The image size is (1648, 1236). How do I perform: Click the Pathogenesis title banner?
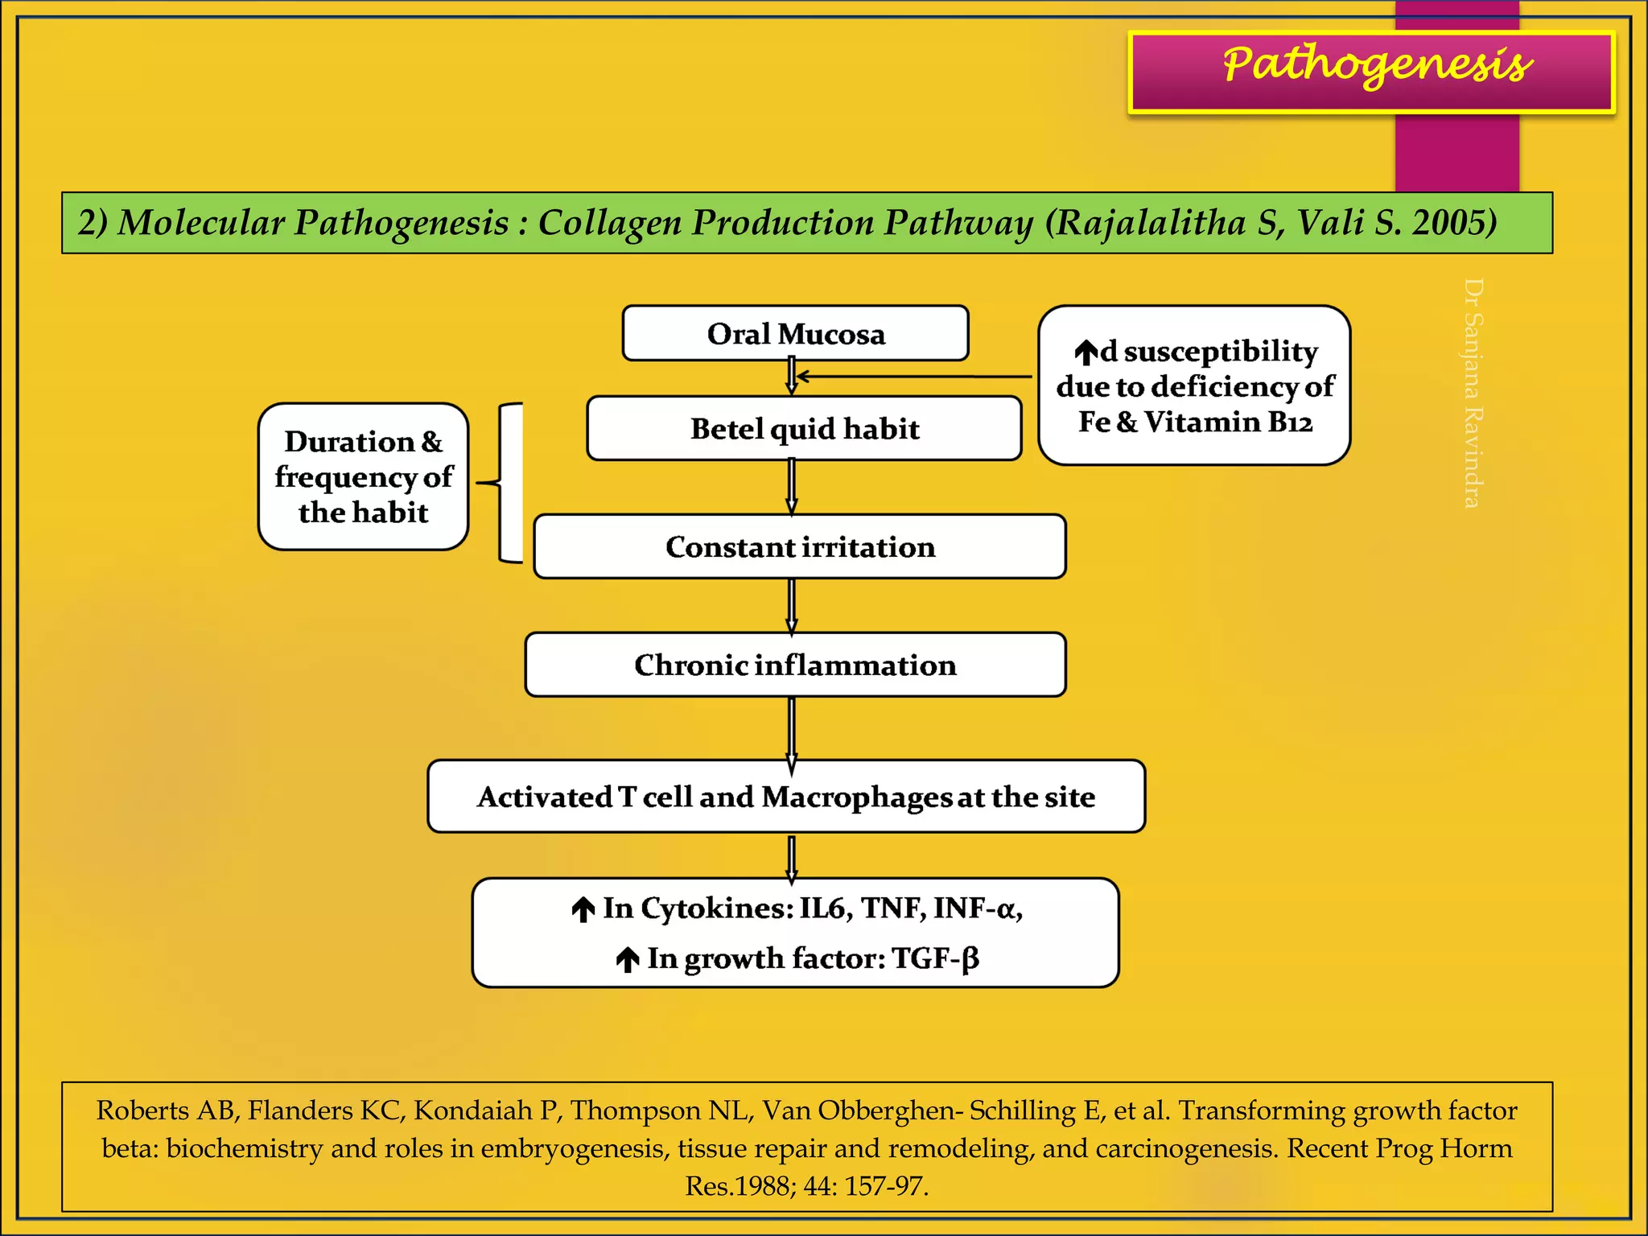click(x=1372, y=72)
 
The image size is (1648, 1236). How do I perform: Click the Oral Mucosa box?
click(x=795, y=333)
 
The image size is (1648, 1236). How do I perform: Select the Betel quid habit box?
click(x=804, y=428)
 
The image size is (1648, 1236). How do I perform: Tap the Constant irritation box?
click(x=800, y=546)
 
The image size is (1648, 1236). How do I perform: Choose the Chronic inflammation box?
click(x=795, y=665)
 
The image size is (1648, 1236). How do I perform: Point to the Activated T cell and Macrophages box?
click(x=786, y=797)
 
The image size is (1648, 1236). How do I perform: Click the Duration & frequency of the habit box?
click(x=363, y=476)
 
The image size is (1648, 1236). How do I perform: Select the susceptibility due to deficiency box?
click(x=1194, y=385)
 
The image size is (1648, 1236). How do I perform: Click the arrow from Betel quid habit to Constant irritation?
click(x=792, y=487)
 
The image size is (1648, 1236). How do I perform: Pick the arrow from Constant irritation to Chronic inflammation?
click(x=792, y=606)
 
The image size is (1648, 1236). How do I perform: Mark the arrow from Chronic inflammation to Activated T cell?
click(x=792, y=728)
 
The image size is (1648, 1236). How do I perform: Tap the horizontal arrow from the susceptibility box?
click(x=913, y=376)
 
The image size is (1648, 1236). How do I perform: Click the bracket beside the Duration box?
click(x=505, y=483)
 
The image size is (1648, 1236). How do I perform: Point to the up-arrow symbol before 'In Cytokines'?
click(x=583, y=910)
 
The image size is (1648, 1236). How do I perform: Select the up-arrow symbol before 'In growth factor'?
click(x=627, y=960)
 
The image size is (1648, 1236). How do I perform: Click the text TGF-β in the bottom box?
click(x=936, y=958)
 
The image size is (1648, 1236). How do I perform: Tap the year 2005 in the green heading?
click(x=1454, y=223)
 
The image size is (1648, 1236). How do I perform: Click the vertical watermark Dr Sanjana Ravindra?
click(x=1473, y=393)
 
